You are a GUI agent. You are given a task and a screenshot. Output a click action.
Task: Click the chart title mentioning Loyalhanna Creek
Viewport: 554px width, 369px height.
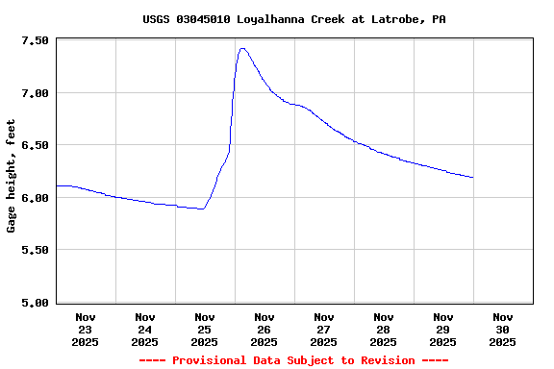coord(293,19)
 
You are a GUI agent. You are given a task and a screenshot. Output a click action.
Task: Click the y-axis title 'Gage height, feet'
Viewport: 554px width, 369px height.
coord(12,176)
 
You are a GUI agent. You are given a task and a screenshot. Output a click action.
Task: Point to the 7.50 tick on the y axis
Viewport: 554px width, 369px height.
coord(35,41)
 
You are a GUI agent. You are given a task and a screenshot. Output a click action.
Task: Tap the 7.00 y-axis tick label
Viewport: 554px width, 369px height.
coord(35,93)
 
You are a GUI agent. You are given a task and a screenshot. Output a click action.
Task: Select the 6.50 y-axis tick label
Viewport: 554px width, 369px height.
coord(35,145)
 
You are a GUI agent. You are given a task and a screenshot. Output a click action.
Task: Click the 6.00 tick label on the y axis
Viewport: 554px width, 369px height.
coord(35,198)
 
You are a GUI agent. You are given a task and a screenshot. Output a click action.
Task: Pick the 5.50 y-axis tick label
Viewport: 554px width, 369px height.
coord(35,250)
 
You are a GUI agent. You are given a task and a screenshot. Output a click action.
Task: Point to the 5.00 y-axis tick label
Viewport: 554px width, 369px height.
coord(35,303)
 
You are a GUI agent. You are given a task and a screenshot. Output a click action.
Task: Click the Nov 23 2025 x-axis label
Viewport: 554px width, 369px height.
coord(86,329)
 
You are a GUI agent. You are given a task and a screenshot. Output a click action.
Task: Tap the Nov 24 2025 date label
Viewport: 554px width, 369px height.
coord(145,329)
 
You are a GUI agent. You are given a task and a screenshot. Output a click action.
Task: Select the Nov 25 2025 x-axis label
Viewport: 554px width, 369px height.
coord(205,329)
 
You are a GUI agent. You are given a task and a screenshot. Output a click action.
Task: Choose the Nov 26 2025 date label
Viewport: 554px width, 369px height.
coord(264,329)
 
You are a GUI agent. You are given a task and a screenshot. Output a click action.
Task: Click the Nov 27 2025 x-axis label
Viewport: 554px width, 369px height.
coord(324,329)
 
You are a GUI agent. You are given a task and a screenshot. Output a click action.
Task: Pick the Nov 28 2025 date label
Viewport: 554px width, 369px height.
coord(384,329)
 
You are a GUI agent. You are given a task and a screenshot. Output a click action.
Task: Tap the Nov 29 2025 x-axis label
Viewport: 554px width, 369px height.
coord(443,329)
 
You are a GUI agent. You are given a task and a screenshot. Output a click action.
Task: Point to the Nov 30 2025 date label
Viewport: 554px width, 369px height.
coord(503,329)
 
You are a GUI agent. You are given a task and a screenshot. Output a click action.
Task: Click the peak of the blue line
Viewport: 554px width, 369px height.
coord(242,48)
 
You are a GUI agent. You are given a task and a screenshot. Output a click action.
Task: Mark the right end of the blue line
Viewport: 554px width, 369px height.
coord(473,178)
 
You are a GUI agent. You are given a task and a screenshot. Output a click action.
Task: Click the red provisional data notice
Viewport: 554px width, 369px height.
coord(293,360)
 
